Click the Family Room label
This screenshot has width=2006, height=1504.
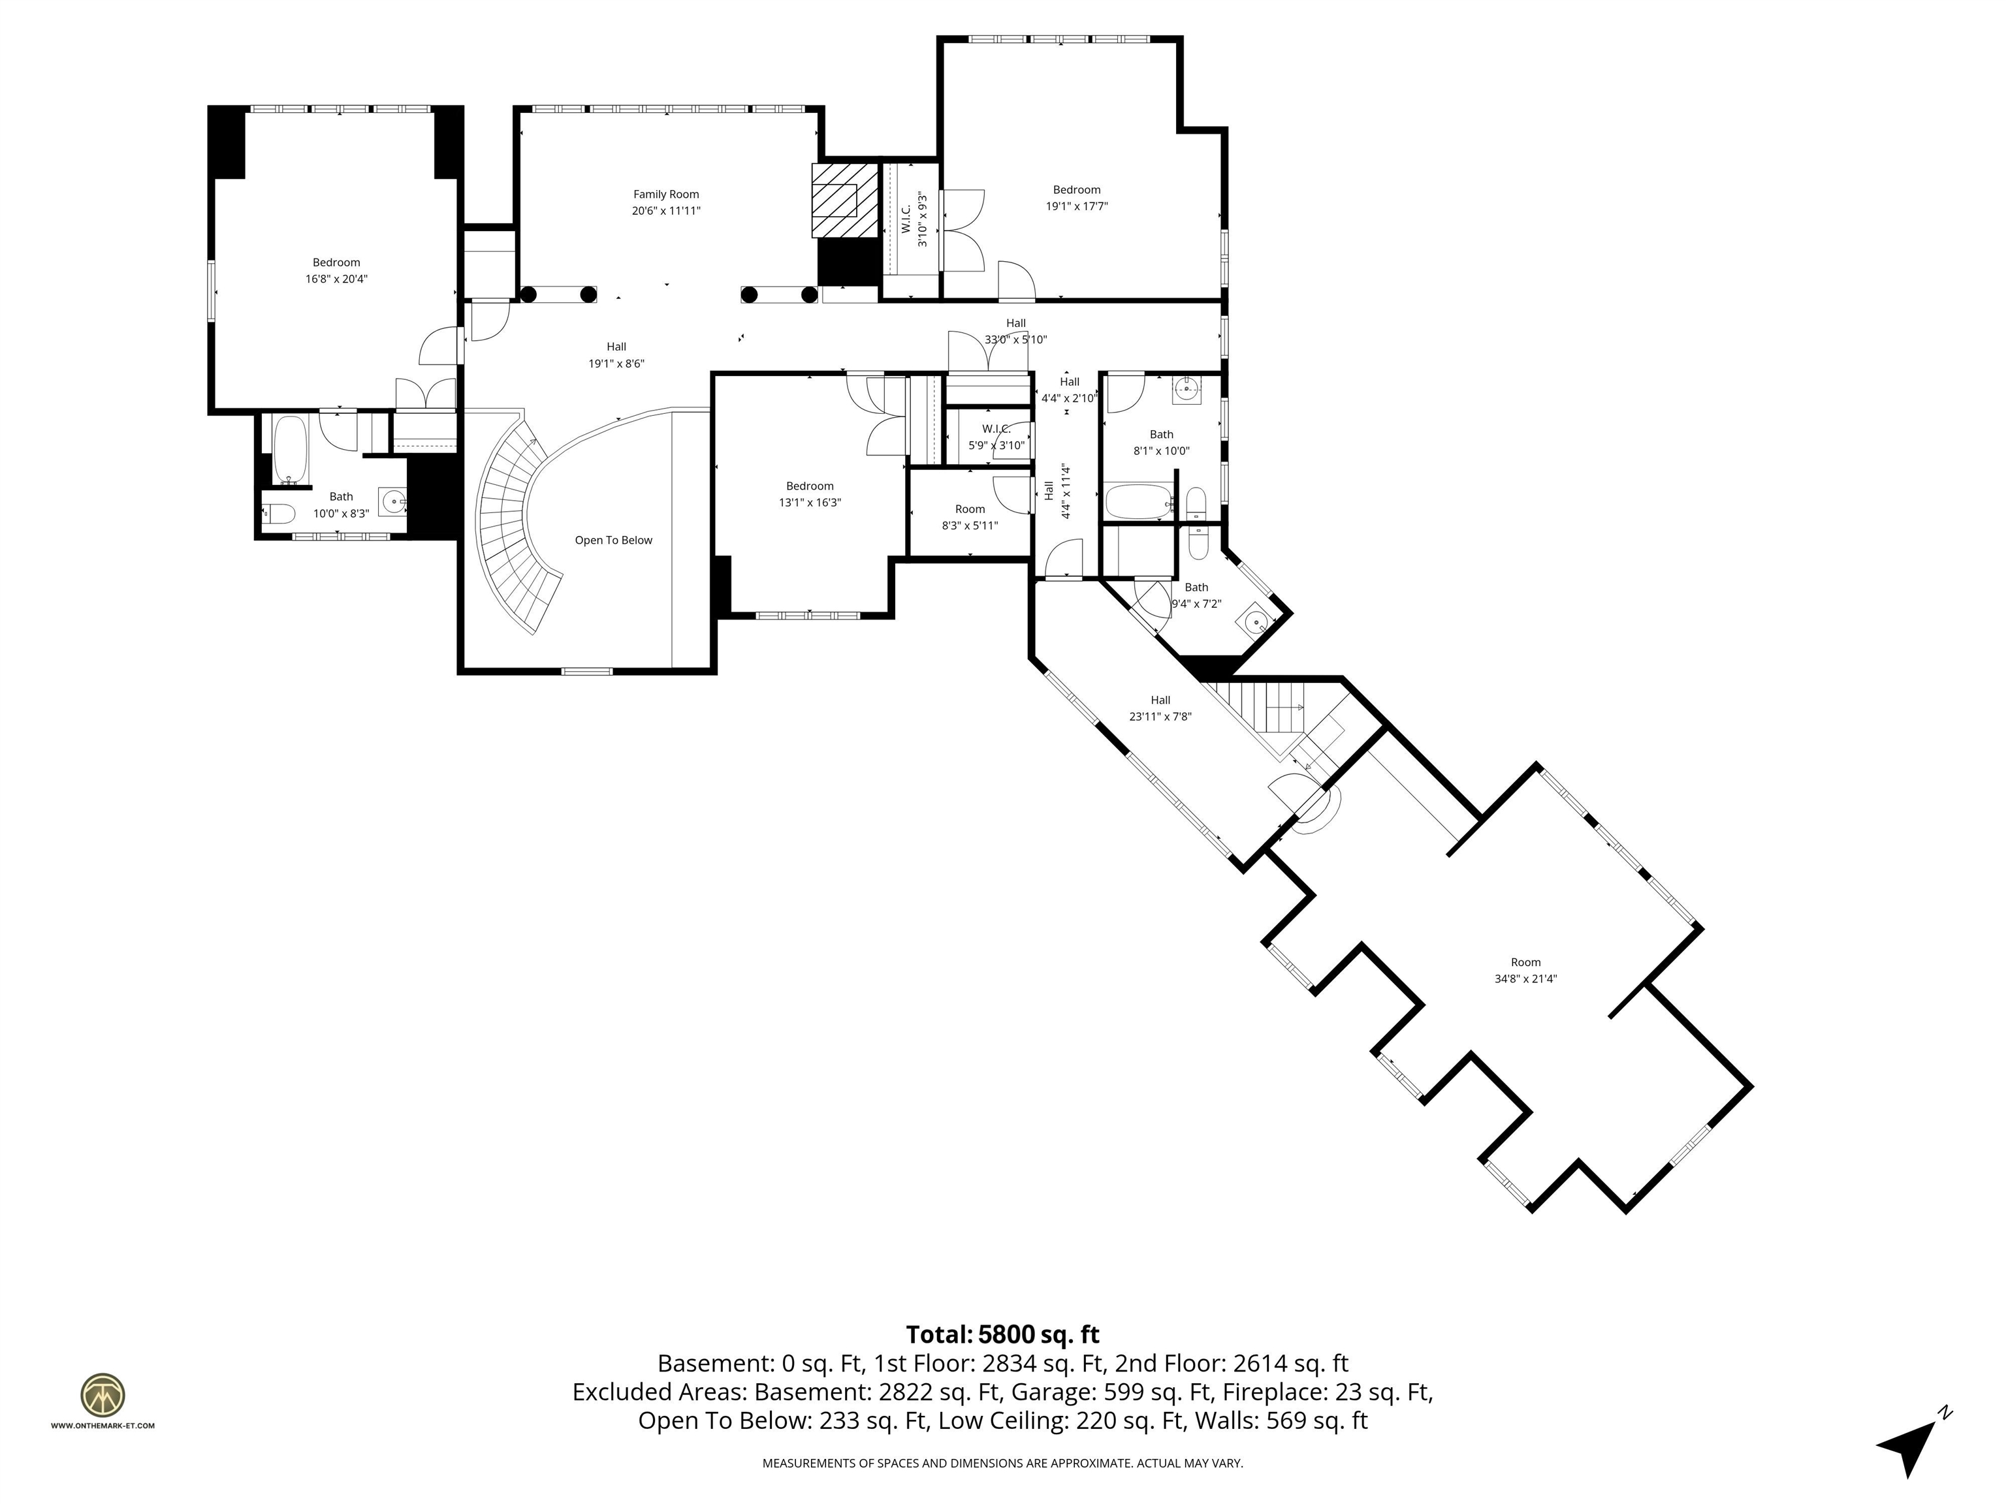[x=665, y=194]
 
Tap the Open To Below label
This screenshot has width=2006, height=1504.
[x=613, y=540]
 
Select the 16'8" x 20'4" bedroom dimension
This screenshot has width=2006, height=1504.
[x=336, y=279]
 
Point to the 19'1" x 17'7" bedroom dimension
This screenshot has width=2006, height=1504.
[x=1076, y=206]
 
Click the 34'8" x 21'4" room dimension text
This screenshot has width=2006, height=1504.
[x=1525, y=979]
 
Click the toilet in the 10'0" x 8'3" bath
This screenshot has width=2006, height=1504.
[x=279, y=514]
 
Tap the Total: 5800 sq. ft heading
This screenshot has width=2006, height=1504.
[x=1002, y=1334]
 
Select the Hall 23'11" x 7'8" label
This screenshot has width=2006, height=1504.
[x=1160, y=708]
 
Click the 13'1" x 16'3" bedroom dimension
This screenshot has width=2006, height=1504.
[x=810, y=502]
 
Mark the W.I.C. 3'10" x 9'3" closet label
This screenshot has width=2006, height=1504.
[x=914, y=219]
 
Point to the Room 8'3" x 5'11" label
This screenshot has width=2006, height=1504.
[x=970, y=517]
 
